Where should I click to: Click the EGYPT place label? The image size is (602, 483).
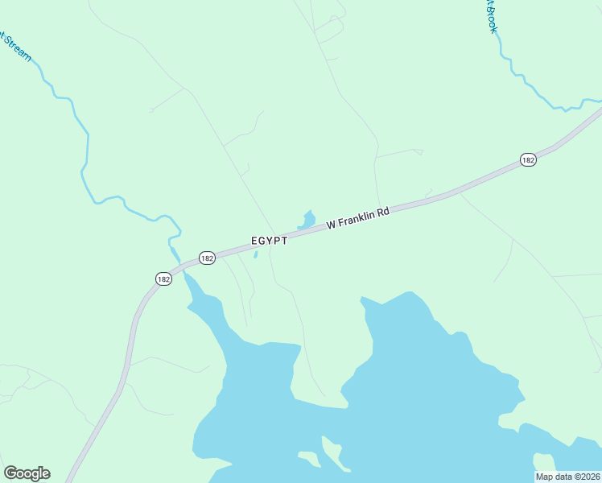[269, 241]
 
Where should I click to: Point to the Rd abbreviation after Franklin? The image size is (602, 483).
[384, 212]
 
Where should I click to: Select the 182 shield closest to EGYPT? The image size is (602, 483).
[207, 258]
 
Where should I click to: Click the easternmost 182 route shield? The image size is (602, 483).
[527, 160]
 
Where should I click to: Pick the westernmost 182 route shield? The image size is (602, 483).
[163, 279]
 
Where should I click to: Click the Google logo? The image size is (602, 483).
[27, 473]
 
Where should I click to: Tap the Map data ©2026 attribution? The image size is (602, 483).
[568, 477]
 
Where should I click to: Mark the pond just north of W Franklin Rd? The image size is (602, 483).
[307, 219]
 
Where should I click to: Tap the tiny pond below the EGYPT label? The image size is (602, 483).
[255, 255]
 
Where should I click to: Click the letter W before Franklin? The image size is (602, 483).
[331, 225]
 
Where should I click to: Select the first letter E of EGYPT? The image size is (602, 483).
[254, 241]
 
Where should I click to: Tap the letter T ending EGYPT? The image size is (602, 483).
[284, 241]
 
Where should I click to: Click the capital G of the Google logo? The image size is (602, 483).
[10, 473]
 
